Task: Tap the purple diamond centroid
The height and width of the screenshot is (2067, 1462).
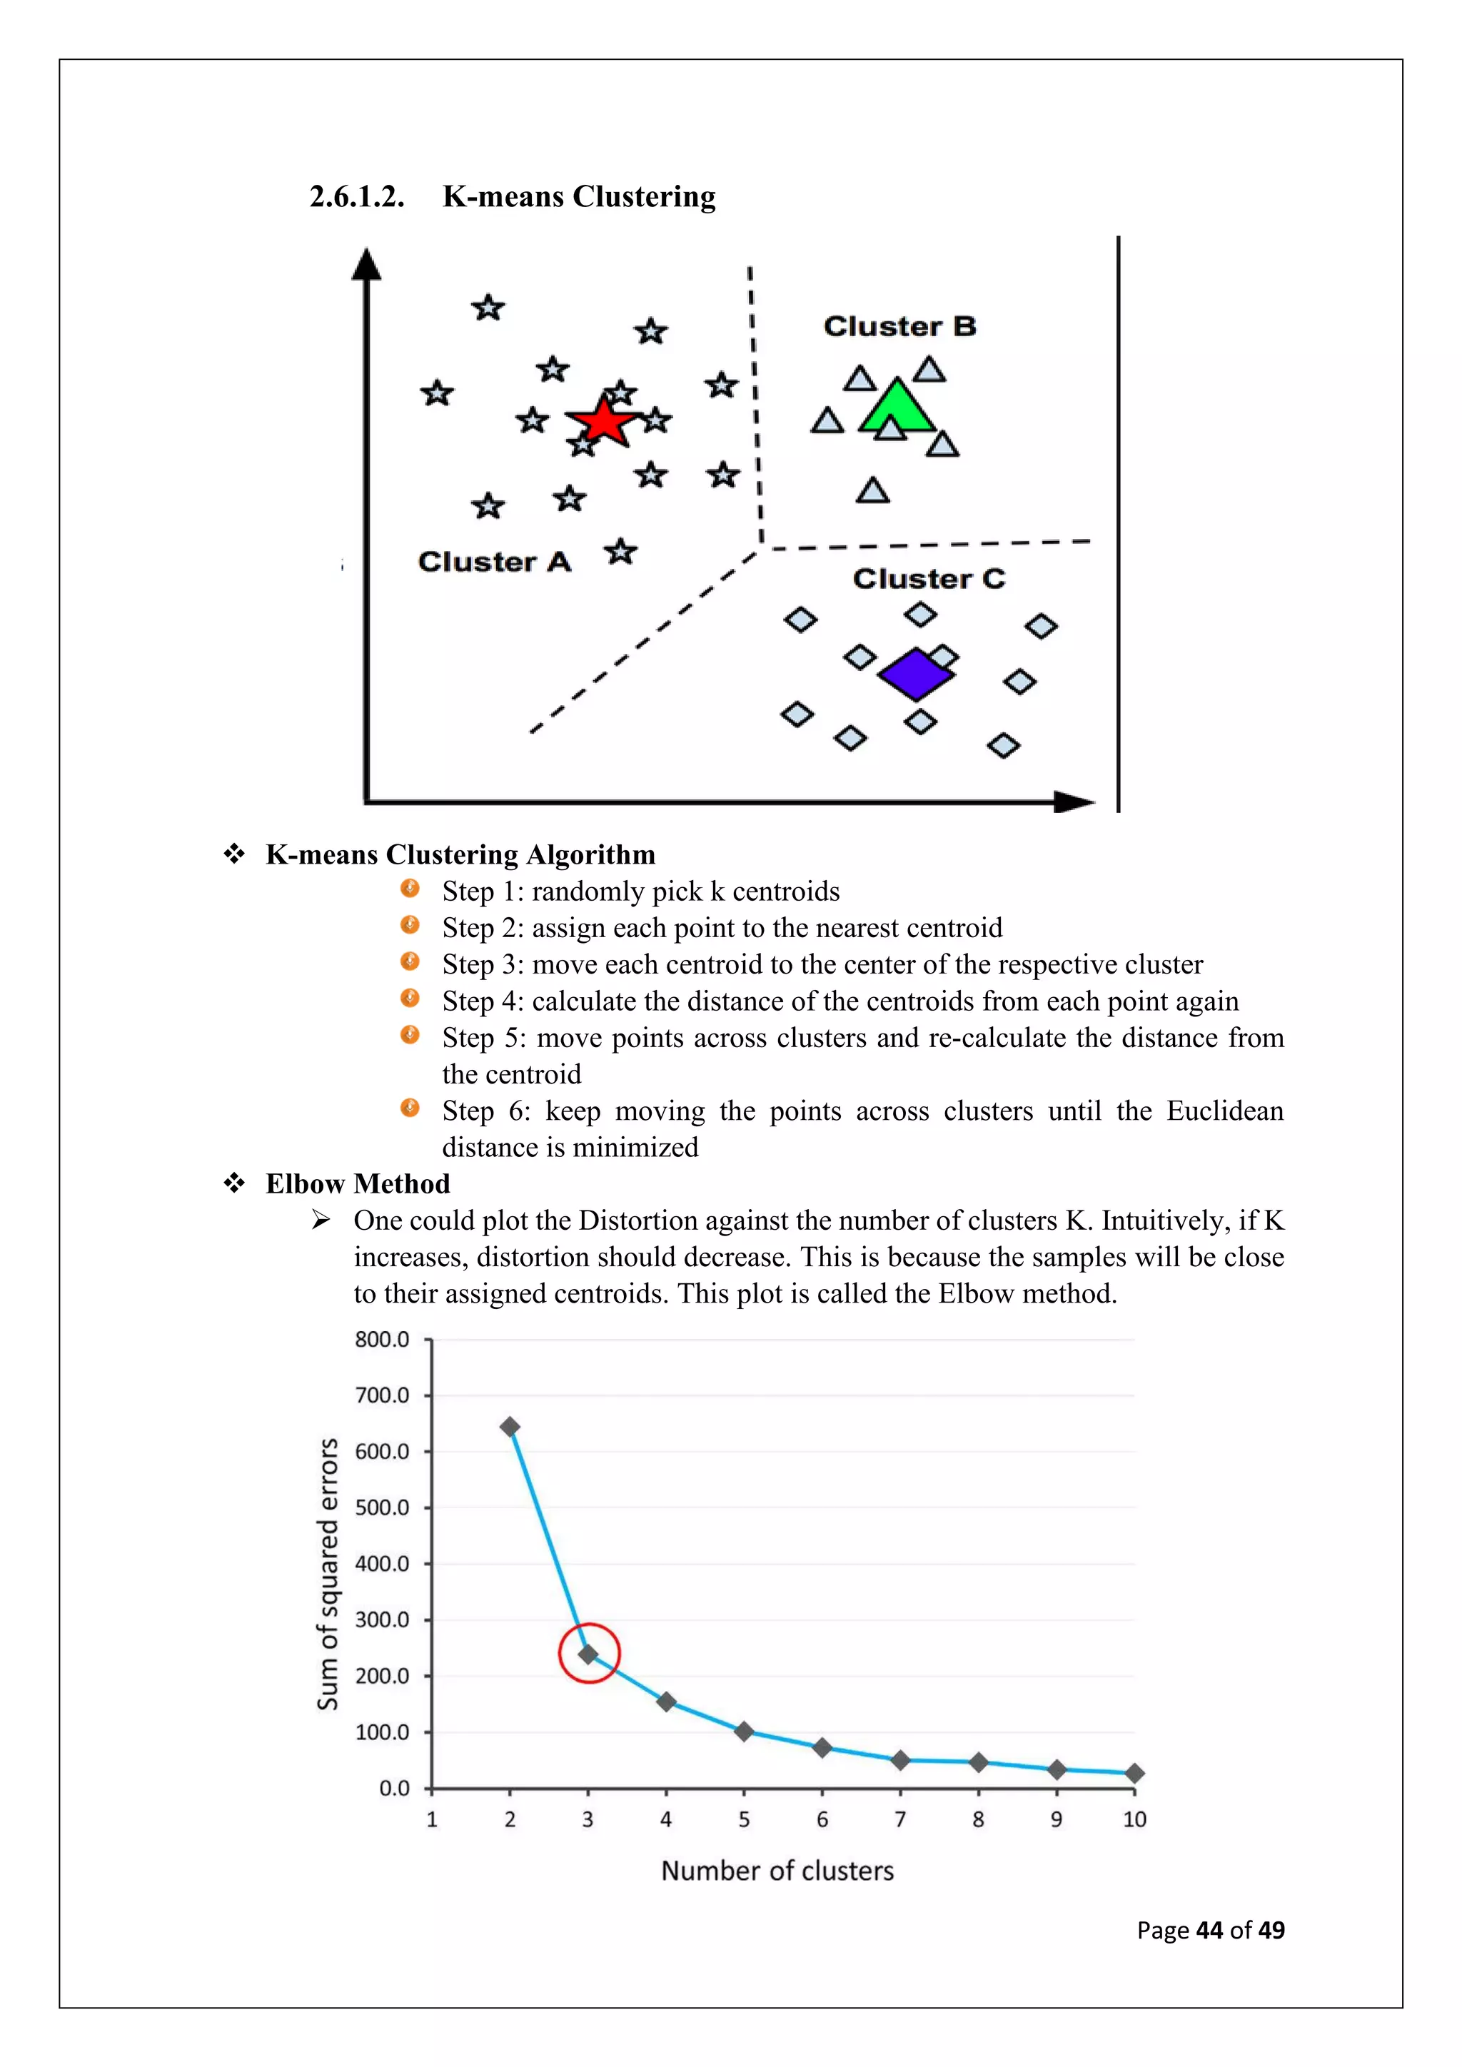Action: [x=916, y=673]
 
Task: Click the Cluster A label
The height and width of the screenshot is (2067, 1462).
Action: [x=494, y=562]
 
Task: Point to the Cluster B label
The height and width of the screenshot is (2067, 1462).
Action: [x=899, y=326]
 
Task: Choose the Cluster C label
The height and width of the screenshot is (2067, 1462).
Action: [x=928, y=578]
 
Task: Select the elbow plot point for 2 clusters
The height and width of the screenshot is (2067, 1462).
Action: [x=510, y=1427]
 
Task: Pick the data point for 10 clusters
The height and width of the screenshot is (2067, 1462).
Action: [x=1134, y=1773]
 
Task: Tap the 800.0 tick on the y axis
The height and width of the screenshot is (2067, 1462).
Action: [x=382, y=1340]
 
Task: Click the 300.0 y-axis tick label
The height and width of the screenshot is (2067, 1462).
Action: [x=382, y=1619]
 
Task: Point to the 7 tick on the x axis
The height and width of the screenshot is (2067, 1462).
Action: [x=900, y=1819]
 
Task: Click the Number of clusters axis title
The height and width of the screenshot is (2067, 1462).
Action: [x=777, y=1871]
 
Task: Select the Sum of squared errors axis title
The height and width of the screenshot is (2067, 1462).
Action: [x=328, y=1574]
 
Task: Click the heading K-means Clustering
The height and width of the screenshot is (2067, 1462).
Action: [x=579, y=196]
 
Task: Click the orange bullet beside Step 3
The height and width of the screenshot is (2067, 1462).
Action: [x=410, y=961]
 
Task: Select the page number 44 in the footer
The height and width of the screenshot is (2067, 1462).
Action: [x=1209, y=1930]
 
